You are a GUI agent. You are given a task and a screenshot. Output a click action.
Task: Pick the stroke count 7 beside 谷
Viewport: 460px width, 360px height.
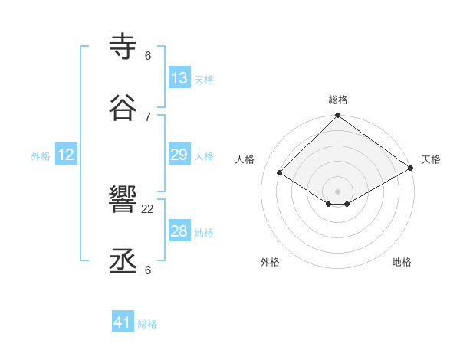point(148,116)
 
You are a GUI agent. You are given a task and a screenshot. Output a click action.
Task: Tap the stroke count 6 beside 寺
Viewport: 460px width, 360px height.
point(148,56)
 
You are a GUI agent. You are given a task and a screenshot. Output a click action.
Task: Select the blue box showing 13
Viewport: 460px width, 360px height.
point(179,78)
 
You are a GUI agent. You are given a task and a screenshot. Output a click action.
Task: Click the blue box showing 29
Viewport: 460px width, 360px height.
point(179,155)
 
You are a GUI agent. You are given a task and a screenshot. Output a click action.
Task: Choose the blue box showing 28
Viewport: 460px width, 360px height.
point(179,232)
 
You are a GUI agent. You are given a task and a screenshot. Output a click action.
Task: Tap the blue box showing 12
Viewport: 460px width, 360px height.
point(66,155)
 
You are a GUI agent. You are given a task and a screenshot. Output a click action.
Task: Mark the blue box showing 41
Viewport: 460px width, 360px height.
point(123,323)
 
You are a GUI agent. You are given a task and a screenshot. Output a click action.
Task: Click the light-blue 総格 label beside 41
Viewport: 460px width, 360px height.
point(147,324)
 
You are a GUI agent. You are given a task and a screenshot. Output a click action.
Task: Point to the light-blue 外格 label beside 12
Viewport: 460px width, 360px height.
point(41,156)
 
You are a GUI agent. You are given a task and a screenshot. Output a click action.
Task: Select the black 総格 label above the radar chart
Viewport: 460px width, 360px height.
point(338,100)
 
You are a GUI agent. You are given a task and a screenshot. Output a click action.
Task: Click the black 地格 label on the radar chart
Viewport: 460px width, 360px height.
point(402,262)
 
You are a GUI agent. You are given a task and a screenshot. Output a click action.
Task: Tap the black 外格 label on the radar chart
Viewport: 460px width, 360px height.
point(270,262)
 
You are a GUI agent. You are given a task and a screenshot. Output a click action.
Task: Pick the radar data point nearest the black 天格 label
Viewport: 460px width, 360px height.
point(411,168)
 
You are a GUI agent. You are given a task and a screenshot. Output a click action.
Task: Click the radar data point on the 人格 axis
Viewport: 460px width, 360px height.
point(280,173)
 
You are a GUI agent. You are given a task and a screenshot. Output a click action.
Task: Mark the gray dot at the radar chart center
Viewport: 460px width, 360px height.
point(338,191)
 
